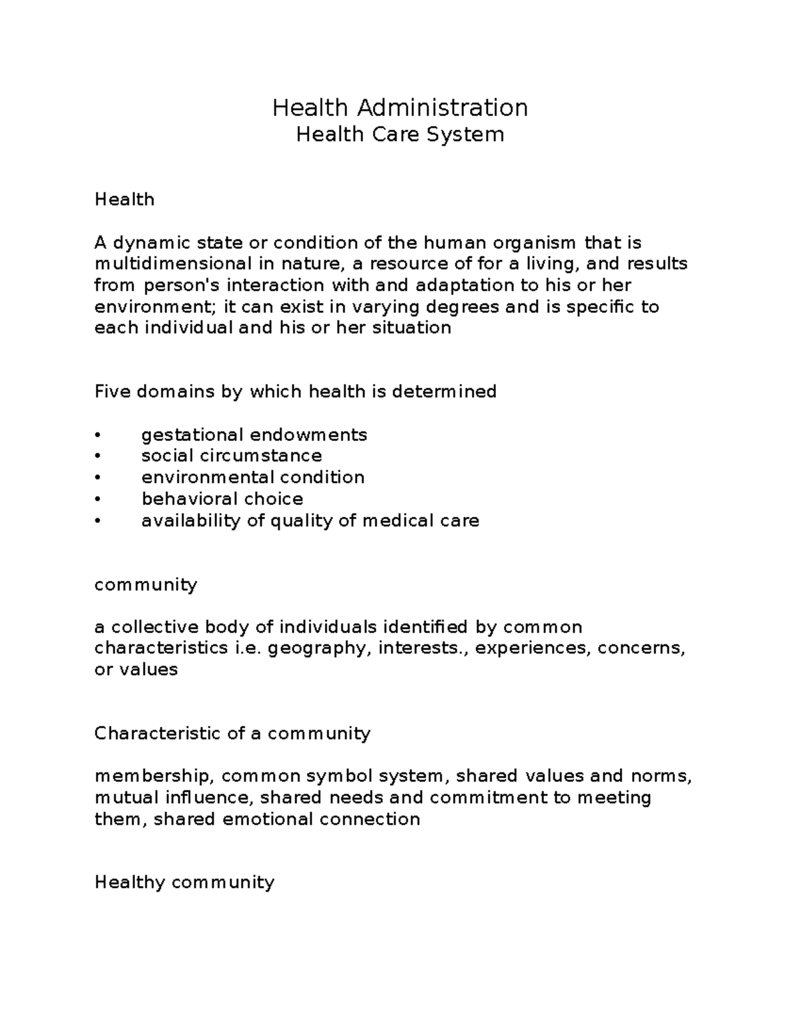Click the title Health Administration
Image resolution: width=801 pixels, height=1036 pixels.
[x=400, y=107]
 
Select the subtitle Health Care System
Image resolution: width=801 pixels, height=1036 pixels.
[x=400, y=135]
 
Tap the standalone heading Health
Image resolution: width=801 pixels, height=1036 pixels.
[x=124, y=199]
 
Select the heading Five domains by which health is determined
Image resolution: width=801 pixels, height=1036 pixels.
[x=295, y=391]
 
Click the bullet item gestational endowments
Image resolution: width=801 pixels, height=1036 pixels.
[x=254, y=435]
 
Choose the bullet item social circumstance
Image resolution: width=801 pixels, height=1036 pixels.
[x=231, y=456]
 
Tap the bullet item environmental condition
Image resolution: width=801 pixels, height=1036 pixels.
[x=252, y=477]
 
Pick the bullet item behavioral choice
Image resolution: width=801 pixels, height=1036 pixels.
[x=222, y=498]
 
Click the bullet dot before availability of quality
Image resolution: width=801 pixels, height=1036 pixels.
[x=97, y=520]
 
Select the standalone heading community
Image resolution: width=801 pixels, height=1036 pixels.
[x=146, y=584]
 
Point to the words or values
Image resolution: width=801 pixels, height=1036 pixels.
[x=136, y=669]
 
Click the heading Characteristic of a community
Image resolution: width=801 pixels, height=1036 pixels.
[x=232, y=733]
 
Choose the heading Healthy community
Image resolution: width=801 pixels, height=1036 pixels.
[x=184, y=882]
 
